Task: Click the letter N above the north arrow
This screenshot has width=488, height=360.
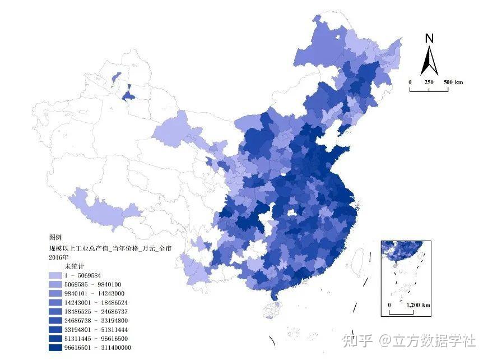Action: click(430, 39)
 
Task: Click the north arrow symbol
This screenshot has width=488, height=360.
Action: click(430, 61)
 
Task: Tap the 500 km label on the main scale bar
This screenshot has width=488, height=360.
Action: click(453, 82)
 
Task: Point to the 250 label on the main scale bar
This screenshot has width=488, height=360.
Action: click(429, 82)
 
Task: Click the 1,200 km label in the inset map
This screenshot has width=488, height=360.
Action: click(417, 305)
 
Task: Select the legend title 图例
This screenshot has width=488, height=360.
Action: click(57, 238)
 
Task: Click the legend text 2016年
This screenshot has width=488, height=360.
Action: click(58, 256)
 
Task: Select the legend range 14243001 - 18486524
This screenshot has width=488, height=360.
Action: click(95, 302)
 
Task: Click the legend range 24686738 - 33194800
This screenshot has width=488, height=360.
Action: click(95, 320)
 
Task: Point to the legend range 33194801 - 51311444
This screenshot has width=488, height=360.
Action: click(95, 329)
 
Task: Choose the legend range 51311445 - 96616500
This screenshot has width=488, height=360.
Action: click(95, 338)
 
